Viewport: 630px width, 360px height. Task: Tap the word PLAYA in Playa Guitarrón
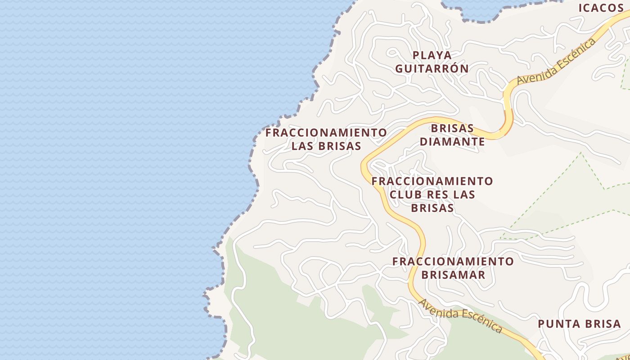432,55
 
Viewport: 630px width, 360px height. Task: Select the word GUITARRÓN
432,68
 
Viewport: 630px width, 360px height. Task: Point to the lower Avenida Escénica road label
460,316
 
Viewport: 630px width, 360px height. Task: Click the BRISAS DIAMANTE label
452,135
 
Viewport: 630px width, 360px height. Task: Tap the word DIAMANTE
452,142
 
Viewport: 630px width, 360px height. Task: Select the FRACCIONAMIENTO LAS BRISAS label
326,139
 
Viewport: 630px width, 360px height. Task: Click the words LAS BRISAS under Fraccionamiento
326,146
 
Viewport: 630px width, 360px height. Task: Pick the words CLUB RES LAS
432,195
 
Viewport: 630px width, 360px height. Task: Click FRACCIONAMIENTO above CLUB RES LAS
432,181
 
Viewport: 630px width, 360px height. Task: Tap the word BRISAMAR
453,275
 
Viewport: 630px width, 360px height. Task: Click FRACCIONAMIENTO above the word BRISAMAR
453,261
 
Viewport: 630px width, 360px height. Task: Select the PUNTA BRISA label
580,324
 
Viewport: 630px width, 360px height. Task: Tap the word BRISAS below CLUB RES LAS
432,208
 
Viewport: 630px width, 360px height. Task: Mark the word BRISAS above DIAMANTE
452,128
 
